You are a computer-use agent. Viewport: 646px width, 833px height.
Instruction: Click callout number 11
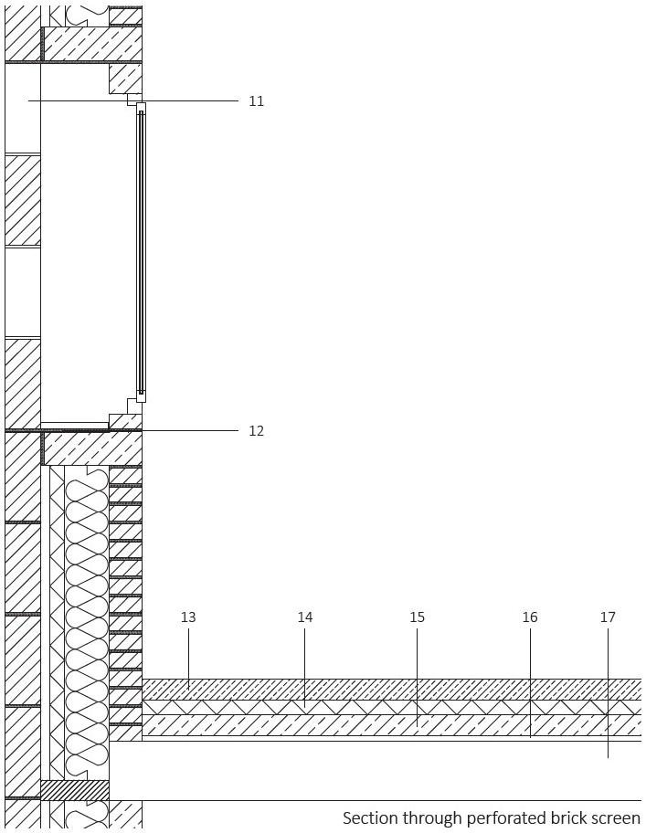click(256, 101)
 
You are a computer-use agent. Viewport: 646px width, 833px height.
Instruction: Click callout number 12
click(256, 431)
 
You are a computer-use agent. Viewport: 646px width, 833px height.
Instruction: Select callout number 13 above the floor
click(188, 617)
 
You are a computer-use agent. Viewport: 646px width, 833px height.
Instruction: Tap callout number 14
click(305, 617)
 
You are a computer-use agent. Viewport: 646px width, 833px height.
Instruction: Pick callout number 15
click(417, 617)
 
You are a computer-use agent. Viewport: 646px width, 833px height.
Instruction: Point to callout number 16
click(530, 617)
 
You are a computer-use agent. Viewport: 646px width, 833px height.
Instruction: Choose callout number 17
click(608, 617)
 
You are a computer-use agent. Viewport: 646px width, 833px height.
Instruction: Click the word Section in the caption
click(369, 818)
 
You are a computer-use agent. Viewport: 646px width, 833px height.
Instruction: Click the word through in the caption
click(431, 818)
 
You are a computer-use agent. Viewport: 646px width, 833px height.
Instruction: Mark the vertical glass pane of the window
click(141, 251)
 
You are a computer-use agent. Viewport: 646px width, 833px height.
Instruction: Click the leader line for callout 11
click(183, 100)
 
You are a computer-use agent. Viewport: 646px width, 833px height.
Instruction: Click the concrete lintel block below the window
click(92, 448)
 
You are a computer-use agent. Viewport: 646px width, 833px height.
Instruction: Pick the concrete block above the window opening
click(92, 44)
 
